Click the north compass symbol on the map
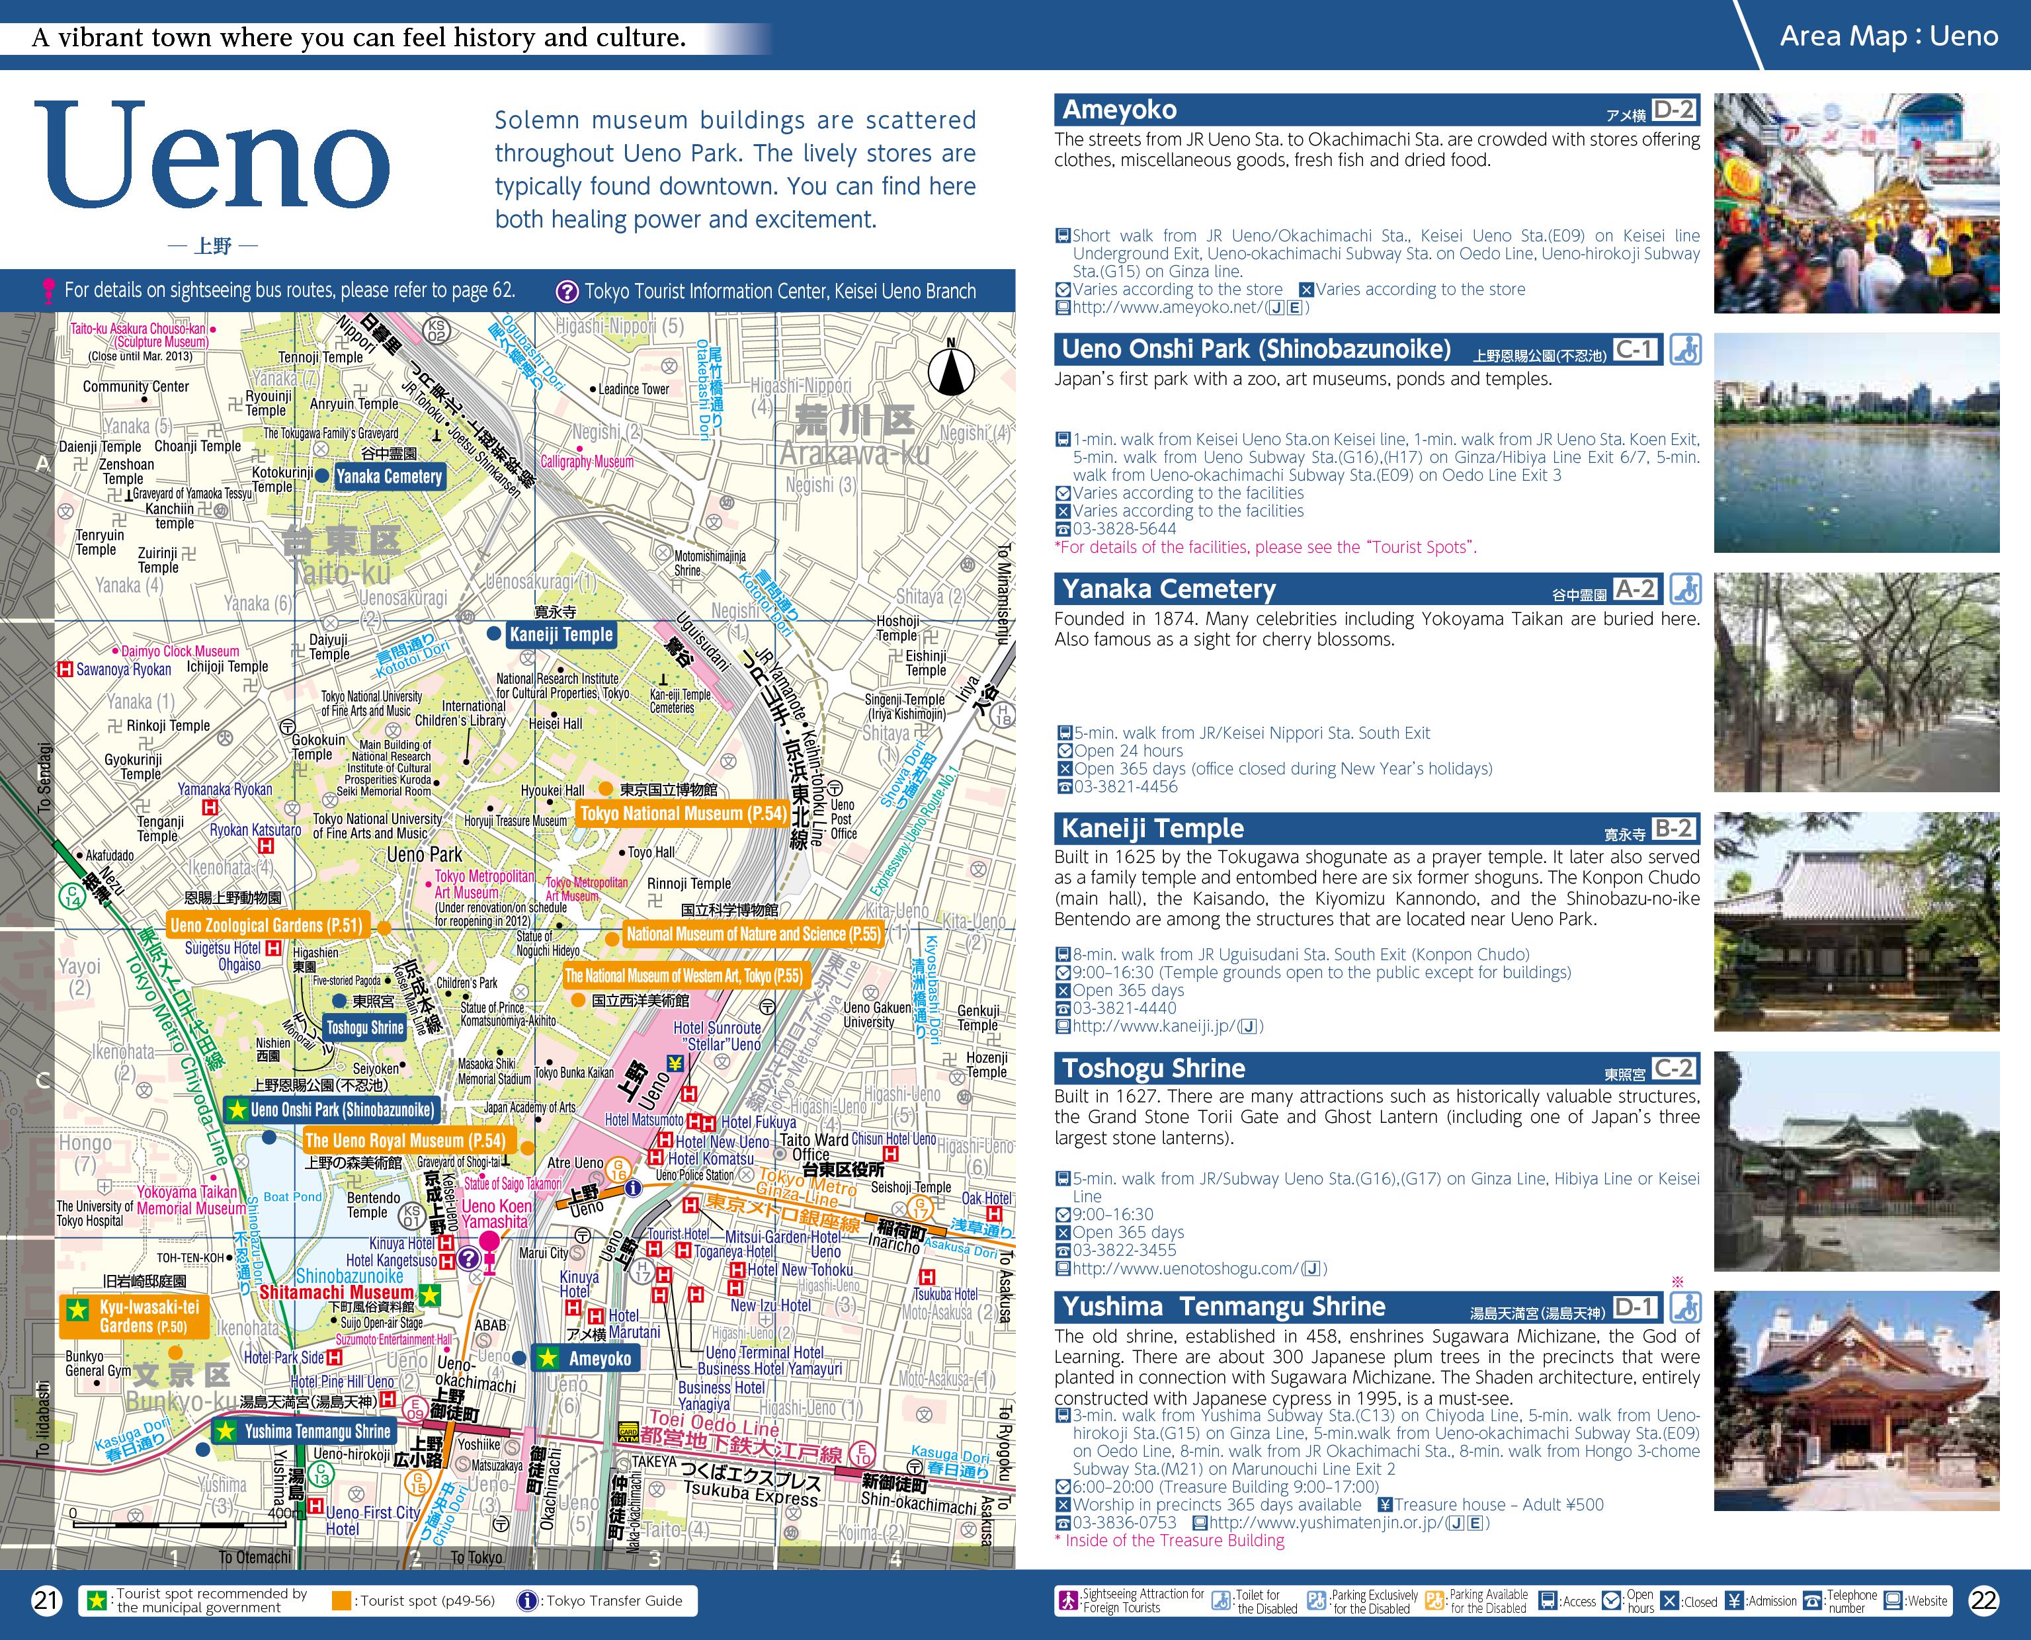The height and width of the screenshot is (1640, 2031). tap(950, 371)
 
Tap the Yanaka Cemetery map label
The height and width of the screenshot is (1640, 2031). tap(388, 477)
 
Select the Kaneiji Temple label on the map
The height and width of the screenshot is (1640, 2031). tap(561, 635)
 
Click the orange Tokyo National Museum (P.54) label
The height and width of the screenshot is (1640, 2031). tap(682, 813)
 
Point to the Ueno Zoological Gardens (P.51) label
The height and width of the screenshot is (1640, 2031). tap(267, 925)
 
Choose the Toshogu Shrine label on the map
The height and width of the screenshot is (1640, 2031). tap(364, 1028)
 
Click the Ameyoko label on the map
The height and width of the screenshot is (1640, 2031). tap(599, 1358)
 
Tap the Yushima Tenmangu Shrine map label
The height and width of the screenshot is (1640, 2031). tap(317, 1431)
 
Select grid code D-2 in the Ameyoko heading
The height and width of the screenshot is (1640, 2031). tap(1674, 110)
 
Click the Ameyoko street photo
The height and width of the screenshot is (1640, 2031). tap(1856, 203)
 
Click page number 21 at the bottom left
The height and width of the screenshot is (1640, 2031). tap(46, 1600)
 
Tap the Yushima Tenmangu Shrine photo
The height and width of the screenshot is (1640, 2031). tap(1856, 1400)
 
